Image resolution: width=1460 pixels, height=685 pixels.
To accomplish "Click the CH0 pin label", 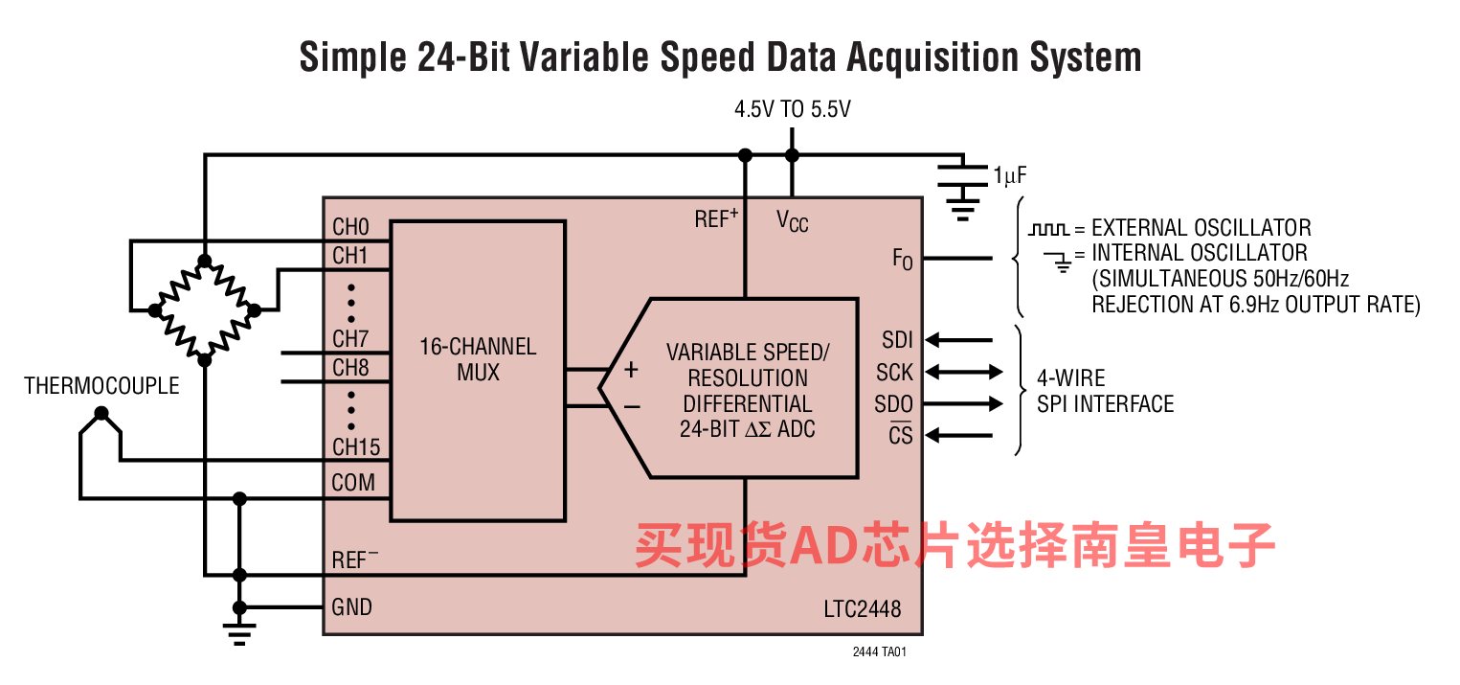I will (350, 228).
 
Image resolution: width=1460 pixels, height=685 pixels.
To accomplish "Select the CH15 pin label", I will (356, 446).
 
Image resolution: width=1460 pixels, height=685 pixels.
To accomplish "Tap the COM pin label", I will (353, 482).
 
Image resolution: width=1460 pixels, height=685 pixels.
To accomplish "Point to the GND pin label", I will (351, 606).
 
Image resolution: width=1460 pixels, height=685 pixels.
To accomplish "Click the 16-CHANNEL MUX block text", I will (478, 358).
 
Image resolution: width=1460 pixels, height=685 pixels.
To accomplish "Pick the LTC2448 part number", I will (862, 609).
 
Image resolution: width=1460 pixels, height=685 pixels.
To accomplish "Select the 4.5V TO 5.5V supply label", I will (792, 109).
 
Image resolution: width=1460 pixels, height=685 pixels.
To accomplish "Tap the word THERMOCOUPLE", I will (101, 386).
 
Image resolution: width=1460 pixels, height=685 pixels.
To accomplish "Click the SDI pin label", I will (897, 340).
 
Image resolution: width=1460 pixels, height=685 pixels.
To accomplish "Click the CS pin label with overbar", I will (900, 435).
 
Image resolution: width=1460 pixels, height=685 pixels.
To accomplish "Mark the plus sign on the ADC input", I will (632, 370).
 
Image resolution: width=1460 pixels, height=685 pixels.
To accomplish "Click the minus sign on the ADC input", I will (632, 407).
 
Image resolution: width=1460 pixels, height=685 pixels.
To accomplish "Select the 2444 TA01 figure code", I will (879, 651).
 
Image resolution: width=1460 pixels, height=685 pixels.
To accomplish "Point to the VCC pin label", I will (792, 222).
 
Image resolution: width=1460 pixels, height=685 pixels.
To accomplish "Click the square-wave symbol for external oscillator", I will (1047, 230).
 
